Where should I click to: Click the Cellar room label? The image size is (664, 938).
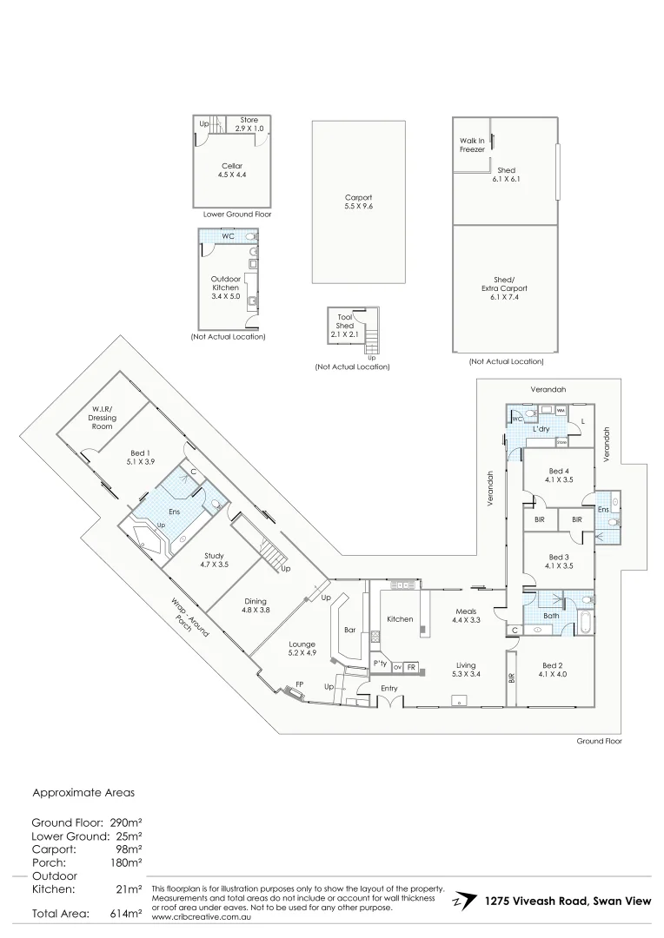231,169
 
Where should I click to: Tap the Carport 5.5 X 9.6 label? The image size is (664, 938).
358,203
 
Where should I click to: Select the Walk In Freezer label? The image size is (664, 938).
472,144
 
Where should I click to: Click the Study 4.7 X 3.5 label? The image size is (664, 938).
214,560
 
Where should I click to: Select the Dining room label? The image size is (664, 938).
256,605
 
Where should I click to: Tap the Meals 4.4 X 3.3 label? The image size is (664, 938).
465,616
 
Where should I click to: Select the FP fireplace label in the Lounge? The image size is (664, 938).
300,684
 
